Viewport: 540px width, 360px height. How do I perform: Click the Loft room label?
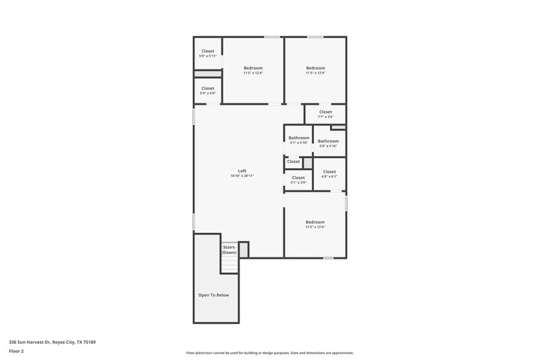pyautogui.click(x=242, y=171)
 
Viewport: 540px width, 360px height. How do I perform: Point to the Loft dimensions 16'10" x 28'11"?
pyautogui.click(x=242, y=176)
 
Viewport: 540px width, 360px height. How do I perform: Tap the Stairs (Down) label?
pyautogui.click(x=229, y=249)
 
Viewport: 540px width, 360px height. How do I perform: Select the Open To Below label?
pyautogui.click(x=213, y=295)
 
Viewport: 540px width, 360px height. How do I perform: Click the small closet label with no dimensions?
pyautogui.click(x=294, y=161)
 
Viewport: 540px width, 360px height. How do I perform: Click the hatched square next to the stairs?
pyautogui.click(x=244, y=249)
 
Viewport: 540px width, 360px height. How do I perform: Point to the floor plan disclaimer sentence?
pyautogui.click(x=269, y=353)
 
